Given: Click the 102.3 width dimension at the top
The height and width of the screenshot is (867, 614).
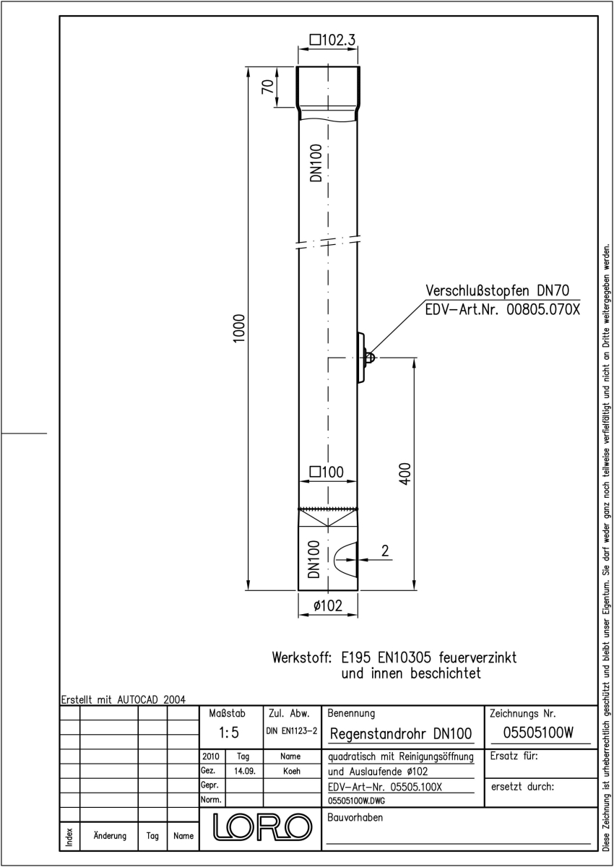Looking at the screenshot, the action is point(333,40).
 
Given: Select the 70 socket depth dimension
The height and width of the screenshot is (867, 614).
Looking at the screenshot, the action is point(268,86).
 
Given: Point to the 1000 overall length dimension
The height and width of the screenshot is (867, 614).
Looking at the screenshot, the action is point(240,328).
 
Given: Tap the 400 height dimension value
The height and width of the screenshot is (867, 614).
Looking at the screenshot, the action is point(405,473).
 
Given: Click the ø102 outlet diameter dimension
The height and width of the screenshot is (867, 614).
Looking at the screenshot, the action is point(328,605).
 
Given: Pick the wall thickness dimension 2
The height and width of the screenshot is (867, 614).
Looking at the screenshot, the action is point(385,551).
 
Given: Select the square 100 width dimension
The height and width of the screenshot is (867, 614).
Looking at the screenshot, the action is point(327,472).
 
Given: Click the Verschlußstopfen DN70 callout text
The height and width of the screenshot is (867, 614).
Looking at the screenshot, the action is point(497,290).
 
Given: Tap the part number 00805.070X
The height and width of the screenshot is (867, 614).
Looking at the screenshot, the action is point(543,310).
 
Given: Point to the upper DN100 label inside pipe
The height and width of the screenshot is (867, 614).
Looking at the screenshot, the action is point(316,163).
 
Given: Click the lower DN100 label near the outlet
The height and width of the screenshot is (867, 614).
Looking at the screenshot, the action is point(314,559).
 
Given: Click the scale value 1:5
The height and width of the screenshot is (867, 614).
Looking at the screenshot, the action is point(229,733).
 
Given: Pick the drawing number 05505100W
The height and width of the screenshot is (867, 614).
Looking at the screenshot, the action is point(538,733).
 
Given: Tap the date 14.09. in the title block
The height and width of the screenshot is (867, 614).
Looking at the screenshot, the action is point(245,771).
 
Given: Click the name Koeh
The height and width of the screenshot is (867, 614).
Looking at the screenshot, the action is point(292,771).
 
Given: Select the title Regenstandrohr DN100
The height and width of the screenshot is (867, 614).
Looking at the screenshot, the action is point(401,733).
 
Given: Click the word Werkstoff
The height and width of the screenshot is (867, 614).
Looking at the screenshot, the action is point(302,657).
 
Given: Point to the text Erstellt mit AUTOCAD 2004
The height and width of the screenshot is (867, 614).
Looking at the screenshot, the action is point(124,699).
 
